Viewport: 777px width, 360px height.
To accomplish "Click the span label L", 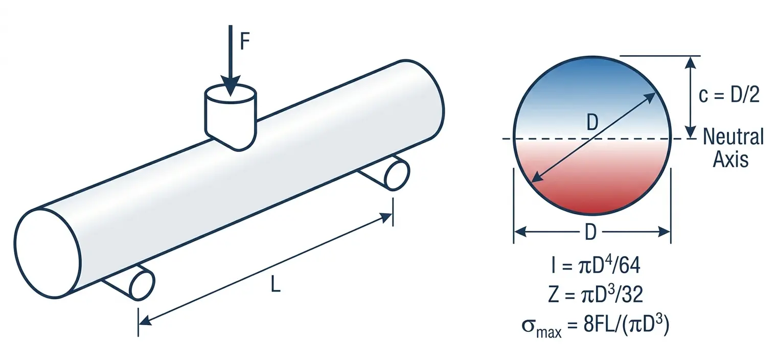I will click(276, 285).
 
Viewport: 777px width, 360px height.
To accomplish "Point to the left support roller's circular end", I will click(143, 285).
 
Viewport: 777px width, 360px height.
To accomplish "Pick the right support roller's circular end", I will click(397, 175).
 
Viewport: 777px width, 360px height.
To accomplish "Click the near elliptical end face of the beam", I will click(48, 253).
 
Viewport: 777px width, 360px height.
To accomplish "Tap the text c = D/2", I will click(729, 95).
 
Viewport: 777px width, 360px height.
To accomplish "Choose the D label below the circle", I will click(591, 233).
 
